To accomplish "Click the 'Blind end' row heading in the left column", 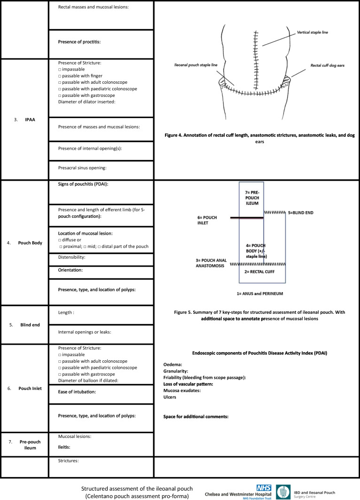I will pos(30,325).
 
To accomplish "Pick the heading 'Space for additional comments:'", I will pos(196,417).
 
